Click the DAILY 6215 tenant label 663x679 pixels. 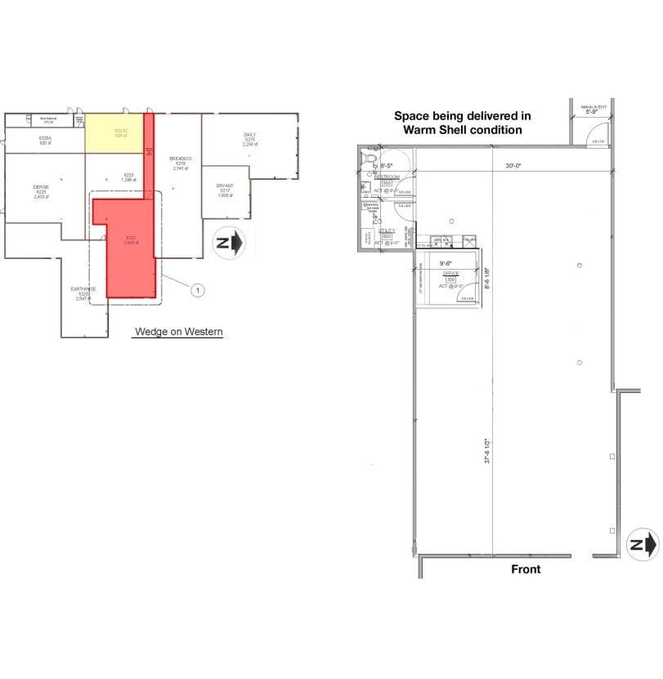click(x=250, y=138)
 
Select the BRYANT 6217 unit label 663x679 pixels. click(x=225, y=190)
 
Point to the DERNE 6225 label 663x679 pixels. click(x=41, y=191)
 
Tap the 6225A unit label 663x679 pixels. click(x=45, y=141)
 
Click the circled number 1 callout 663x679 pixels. click(x=196, y=288)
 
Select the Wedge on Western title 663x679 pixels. click(x=178, y=332)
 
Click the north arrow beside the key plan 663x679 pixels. click(x=228, y=243)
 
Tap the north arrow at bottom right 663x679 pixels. click(x=642, y=544)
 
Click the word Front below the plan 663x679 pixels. click(x=526, y=569)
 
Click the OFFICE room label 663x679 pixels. click(x=450, y=274)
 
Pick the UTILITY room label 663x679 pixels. click(x=387, y=231)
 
